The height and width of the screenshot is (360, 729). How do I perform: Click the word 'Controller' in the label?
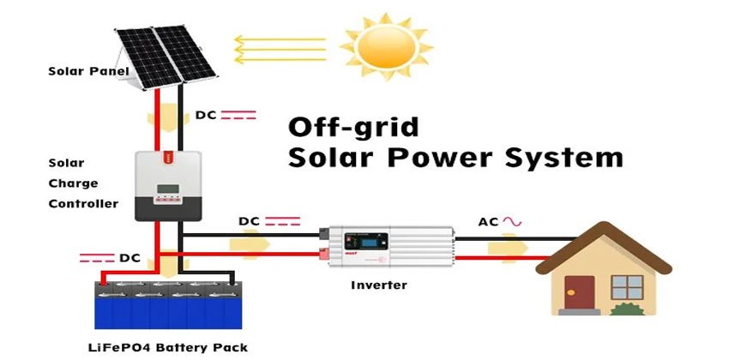pos(83,204)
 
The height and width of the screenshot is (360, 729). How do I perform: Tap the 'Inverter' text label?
pos(379,285)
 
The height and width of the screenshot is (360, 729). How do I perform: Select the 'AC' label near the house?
pos(489,222)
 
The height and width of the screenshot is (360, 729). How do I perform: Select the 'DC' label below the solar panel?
pos(207,114)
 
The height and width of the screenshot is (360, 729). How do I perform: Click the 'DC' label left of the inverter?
pos(249,221)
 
